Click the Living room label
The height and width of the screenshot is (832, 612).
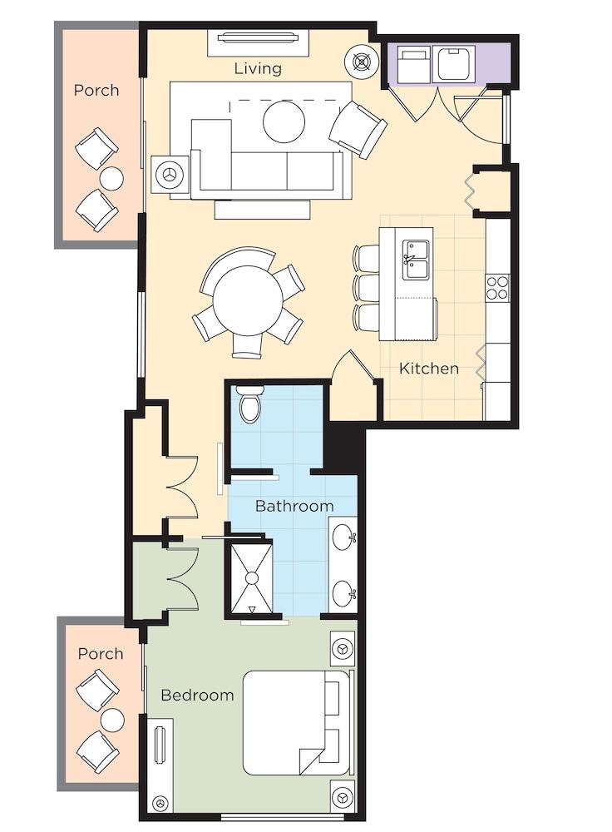point(258,68)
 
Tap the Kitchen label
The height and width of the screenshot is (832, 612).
point(428,369)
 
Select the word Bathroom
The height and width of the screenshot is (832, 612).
point(294,506)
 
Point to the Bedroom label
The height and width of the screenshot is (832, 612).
point(197,695)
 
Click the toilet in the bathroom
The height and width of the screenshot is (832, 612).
point(251,404)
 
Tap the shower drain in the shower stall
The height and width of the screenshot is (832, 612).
point(252,578)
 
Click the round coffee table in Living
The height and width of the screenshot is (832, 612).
point(284,121)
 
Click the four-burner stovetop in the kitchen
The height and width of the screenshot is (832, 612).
point(497,288)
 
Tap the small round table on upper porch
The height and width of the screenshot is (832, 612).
point(111,179)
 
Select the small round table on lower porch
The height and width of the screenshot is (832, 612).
point(112,720)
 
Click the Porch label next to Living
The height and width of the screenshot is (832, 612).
point(96,90)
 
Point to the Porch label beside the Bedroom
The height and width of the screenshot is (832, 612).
point(101,653)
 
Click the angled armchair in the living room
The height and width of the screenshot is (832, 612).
point(358,129)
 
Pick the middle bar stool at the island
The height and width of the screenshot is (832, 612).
point(365,286)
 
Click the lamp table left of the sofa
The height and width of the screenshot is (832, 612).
point(170,175)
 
